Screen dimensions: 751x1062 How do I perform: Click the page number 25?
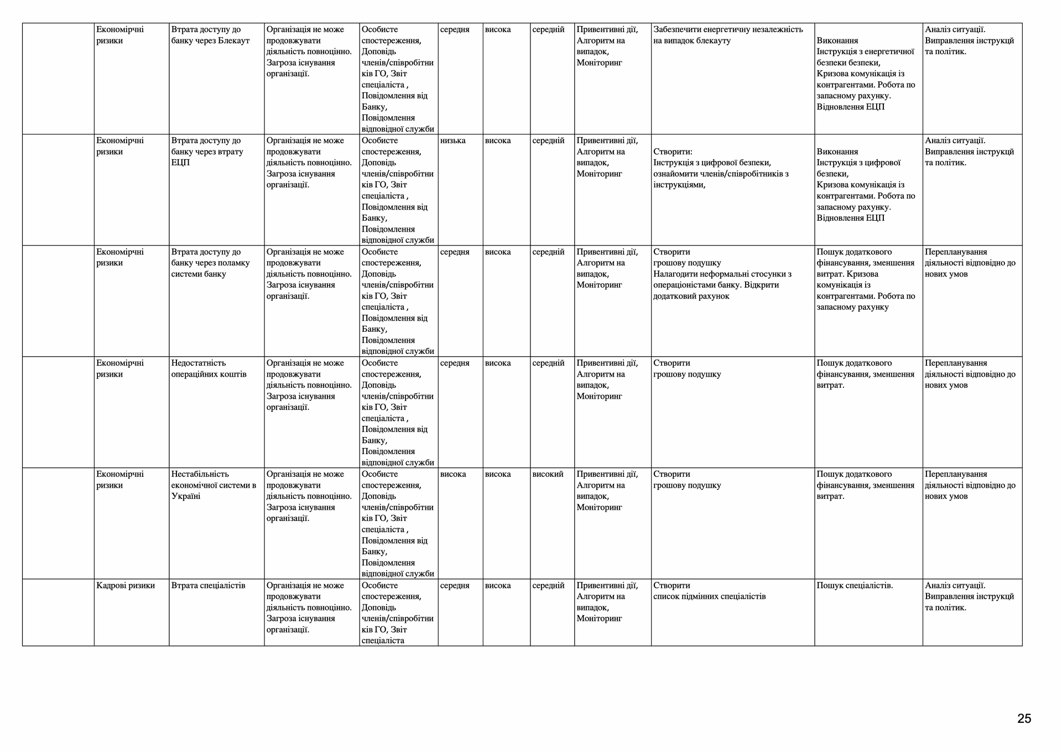(x=1024, y=718)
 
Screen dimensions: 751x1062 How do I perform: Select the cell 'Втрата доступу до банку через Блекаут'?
(x=211, y=35)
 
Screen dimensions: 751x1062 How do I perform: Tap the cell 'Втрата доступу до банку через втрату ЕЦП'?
(x=207, y=152)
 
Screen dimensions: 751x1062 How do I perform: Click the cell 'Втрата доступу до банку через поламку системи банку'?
(x=211, y=263)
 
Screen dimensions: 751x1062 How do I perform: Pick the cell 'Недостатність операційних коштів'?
(x=209, y=368)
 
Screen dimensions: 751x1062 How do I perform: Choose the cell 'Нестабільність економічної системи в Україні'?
(x=214, y=485)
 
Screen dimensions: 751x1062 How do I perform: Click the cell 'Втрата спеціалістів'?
(x=209, y=585)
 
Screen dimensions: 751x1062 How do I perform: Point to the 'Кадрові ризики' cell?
(x=126, y=585)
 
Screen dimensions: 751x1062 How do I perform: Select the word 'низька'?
(x=453, y=140)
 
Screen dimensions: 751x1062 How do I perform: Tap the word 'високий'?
(x=548, y=474)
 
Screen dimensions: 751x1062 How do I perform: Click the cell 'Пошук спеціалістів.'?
(x=855, y=585)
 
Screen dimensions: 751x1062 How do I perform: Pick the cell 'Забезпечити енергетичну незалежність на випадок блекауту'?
(x=728, y=35)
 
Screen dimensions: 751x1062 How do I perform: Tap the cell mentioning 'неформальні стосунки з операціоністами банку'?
(x=722, y=274)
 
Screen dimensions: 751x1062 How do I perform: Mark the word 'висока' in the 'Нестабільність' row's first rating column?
(x=453, y=474)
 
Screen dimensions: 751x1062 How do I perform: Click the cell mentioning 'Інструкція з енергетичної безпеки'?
(x=865, y=74)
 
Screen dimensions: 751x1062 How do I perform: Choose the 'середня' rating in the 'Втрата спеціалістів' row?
(x=455, y=585)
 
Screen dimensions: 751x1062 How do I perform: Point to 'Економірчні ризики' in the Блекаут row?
(x=120, y=35)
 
